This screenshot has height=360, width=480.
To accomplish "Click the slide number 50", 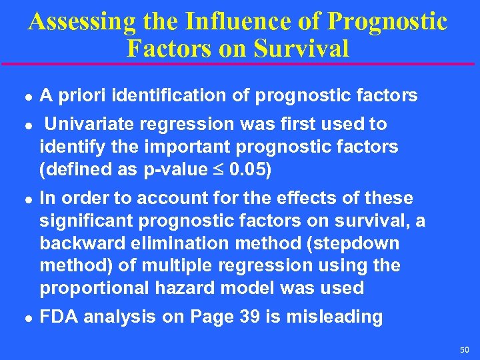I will coord(464,350).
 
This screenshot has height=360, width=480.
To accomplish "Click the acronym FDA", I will coord(57,317).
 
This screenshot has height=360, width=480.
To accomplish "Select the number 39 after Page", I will coord(251,317).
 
